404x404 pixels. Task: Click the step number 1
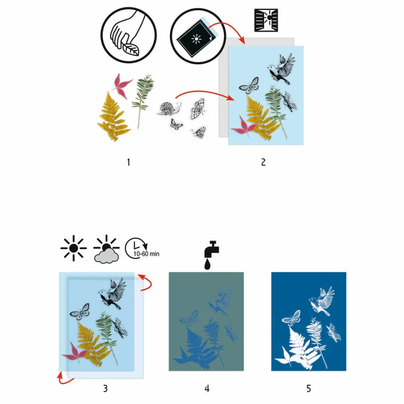(129, 162)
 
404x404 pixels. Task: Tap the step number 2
(263, 162)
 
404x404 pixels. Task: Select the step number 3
(106, 388)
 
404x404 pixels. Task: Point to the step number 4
(207, 388)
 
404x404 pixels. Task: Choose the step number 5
(309, 388)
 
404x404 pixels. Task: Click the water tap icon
(211, 255)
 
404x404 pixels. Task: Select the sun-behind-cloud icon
(106, 249)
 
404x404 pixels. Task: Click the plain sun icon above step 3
(73, 248)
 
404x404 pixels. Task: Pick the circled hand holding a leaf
(129, 35)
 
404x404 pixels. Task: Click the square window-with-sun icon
(266, 21)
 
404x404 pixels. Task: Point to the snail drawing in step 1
(169, 108)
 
